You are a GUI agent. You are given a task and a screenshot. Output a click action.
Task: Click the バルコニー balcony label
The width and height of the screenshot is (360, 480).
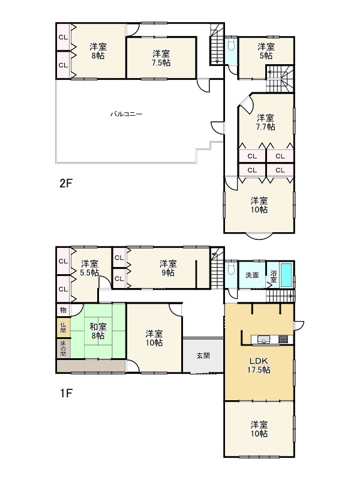pyautogui.click(x=127, y=114)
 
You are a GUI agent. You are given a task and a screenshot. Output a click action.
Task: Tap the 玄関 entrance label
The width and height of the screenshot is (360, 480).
pyautogui.click(x=203, y=356)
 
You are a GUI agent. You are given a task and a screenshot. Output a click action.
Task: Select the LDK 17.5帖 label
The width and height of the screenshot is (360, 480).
pyautogui.click(x=259, y=365)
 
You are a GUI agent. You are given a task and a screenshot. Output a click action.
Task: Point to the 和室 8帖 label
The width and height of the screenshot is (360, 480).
pyautogui.click(x=98, y=331)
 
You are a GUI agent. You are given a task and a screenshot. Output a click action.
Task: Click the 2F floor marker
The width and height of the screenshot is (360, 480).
pyautogui.click(x=66, y=184)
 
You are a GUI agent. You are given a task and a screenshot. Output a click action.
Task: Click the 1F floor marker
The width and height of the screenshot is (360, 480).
pyautogui.click(x=66, y=393)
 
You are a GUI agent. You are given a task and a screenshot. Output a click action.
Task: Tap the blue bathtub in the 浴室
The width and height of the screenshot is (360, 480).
pyautogui.click(x=286, y=275)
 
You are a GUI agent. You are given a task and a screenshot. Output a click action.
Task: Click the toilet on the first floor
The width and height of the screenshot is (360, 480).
pyautogui.click(x=232, y=268)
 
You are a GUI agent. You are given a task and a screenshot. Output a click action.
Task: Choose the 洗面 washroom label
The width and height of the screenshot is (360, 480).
pyautogui.click(x=252, y=275)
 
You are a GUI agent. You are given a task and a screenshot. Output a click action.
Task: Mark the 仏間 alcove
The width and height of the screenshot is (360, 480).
pyautogui.click(x=63, y=328)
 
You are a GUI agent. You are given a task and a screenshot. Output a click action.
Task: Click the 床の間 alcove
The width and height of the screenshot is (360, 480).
pyautogui.click(x=63, y=348)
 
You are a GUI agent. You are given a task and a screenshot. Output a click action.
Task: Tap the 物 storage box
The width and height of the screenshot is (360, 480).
pyautogui.click(x=63, y=310)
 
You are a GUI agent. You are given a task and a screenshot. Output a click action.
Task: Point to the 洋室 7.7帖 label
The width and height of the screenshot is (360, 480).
pyautogui.click(x=265, y=122)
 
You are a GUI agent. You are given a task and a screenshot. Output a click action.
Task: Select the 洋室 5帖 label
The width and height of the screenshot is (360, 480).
pyautogui.click(x=266, y=51)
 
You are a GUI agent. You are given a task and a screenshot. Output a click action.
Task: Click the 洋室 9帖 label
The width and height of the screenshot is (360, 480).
pyautogui.click(x=168, y=268)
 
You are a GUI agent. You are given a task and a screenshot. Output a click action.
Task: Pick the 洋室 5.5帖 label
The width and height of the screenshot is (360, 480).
pyautogui.click(x=89, y=268)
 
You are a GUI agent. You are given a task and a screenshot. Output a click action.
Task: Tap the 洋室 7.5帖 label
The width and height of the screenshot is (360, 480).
pyautogui.click(x=161, y=58)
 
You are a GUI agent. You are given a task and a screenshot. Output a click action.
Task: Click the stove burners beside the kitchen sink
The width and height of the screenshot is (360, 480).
pyautogui.click(x=283, y=339)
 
